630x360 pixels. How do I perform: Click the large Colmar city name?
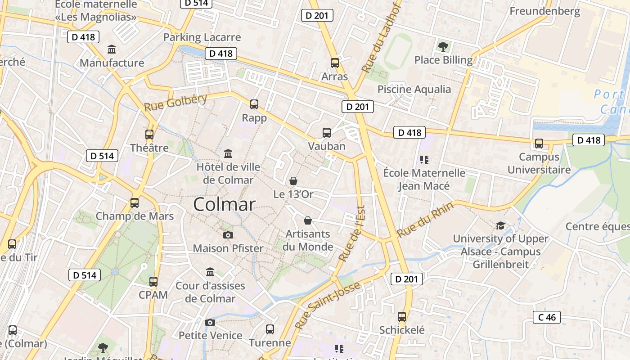[224, 205]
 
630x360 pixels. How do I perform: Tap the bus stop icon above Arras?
[334, 63]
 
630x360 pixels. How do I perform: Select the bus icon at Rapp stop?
[254, 104]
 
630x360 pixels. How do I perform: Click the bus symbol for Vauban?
[327, 133]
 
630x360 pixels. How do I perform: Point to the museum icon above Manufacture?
[112, 49]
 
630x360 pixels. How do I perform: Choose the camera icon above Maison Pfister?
[228, 235]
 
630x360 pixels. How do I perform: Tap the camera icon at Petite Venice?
[210, 322]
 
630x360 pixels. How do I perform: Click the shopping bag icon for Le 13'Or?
[293, 181]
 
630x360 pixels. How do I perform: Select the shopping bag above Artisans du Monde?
[308, 220]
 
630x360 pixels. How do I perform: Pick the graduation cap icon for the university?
[500, 225]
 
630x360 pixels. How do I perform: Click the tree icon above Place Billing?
[443, 46]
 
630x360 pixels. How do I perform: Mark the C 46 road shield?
[547, 317]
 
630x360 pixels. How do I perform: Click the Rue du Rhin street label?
[425, 220]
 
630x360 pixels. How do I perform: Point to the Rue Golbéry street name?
[175, 103]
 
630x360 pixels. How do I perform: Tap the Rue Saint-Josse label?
[328, 305]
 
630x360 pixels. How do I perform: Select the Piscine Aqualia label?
[414, 89]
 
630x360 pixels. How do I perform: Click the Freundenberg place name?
[544, 11]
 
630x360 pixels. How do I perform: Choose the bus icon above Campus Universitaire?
[539, 144]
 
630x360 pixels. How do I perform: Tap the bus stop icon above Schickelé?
[402, 317]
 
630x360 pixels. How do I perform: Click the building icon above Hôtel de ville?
[228, 153]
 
